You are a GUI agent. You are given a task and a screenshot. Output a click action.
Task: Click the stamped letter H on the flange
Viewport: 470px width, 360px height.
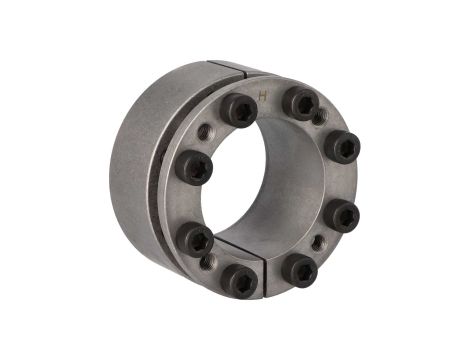click(x=263, y=95)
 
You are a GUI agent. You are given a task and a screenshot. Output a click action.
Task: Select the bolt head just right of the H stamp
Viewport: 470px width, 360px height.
click(x=298, y=102)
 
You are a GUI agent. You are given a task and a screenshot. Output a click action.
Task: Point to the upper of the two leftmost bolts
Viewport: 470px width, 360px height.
click(x=195, y=166)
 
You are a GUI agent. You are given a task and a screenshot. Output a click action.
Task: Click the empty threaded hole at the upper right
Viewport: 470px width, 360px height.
click(x=317, y=117)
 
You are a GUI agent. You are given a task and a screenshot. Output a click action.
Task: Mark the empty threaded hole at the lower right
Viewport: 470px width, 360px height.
click(x=318, y=242)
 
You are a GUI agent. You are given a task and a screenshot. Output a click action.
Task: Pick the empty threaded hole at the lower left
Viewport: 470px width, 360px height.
click(x=208, y=262)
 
